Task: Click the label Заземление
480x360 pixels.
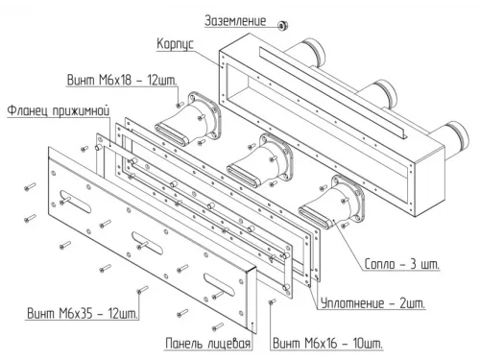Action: pyautogui.click(x=235, y=21)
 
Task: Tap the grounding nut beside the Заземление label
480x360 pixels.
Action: pyautogui.click(x=283, y=25)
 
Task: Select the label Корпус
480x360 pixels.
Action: pyautogui.click(x=175, y=43)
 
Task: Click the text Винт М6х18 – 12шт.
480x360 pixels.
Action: pyautogui.click(x=122, y=80)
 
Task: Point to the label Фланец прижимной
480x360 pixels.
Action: pyautogui.click(x=59, y=110)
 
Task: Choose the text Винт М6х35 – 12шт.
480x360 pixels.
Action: pyautogui.click(x=83, y=313)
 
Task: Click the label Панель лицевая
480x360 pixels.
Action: pyautogui.click(x=208, y=344)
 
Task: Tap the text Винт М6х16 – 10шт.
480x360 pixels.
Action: pyautogui.click(x=327, y=344)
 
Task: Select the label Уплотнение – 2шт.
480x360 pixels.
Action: pyautogui.click(x=373, y=302)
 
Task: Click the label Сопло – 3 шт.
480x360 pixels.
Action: pyautogui.click(x=402, y=264)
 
